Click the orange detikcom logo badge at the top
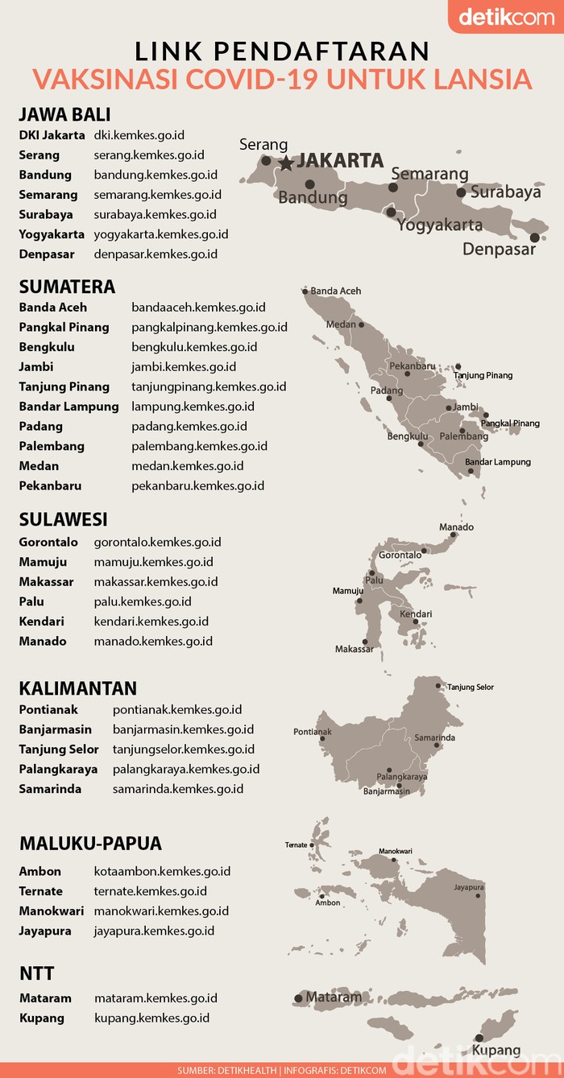(x=506, y=17)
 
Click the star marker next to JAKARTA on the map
(x=286, y=163)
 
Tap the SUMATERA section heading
(x=67, y=287)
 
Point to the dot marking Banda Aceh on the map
(x=305, y=291)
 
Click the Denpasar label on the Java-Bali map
(x=499, y=250)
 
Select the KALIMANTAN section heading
(x=77, y=688)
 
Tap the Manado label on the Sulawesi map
(x=456, y=527)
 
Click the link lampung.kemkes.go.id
(x=193, y=407)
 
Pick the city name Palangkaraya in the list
(x=58, y=769)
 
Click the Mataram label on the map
(x=334, y=997)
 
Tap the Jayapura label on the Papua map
(x=468, y=887)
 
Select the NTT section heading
(x=36, y=973)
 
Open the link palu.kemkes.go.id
(x=142, y=601)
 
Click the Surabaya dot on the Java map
(x=461, y=192)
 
